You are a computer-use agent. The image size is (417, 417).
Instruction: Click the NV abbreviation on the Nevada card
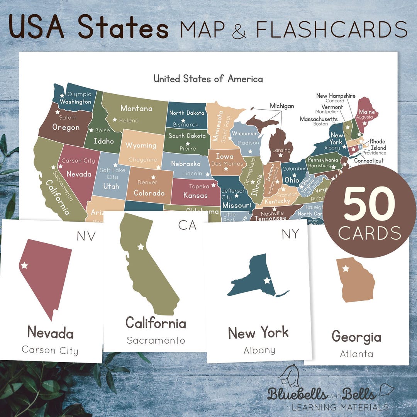click(86, 236)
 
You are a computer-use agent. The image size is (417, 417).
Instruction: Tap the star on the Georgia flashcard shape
click(346, 268)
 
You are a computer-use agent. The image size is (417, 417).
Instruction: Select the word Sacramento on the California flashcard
click(156, 340)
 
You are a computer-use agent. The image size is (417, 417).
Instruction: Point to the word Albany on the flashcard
click(259, 350)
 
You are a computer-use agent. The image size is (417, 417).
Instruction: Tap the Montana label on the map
click(136, 108)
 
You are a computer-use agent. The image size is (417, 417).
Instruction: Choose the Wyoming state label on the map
click(141, 146)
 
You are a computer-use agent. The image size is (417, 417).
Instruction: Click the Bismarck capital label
click(186, 124)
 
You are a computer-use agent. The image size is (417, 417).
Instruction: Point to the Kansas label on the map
click(195, 195)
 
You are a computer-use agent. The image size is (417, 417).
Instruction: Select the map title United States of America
click(208, 79)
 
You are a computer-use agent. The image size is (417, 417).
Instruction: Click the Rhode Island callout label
click(378, 145)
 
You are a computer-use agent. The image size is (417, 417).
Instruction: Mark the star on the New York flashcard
click(267, 281)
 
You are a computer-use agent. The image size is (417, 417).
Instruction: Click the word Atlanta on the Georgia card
click(356, 354)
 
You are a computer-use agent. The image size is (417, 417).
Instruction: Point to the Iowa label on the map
click(225, 156)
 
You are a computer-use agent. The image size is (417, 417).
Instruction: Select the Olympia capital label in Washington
click(80, 94)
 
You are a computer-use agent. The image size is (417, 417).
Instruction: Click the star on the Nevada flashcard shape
click(24, 265)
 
